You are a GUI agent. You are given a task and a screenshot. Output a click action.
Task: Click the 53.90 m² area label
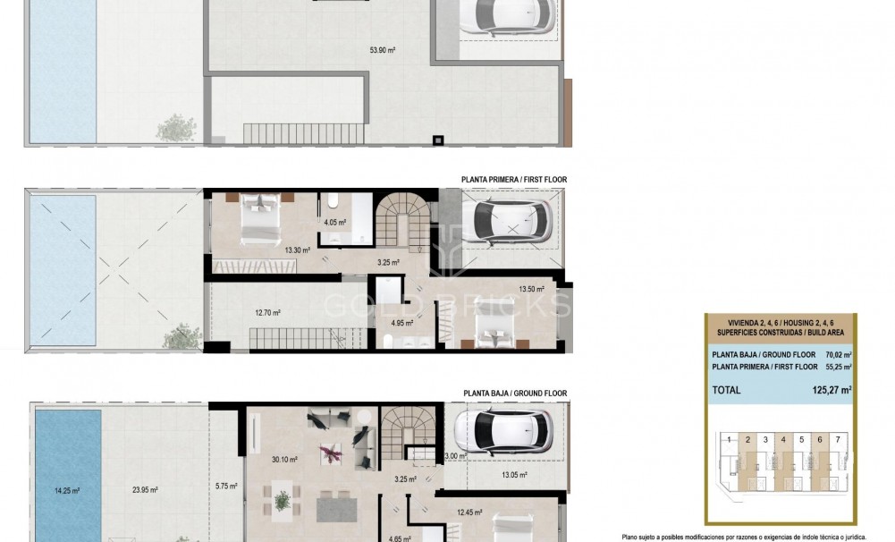(x=383, y=50)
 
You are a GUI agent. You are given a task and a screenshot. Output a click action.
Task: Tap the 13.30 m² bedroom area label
(x=298, y=250)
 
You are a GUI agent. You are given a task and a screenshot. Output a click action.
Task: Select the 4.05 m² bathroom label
(x=334, y=222)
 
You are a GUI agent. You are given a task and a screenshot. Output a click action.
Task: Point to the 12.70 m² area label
(x=267, y=313)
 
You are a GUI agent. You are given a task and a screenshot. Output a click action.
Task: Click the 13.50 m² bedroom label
(x=532, y=289)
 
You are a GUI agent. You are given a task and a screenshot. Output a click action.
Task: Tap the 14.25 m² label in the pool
(x=67, y=490)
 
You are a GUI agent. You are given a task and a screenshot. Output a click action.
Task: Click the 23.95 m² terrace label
(x=145, y=490)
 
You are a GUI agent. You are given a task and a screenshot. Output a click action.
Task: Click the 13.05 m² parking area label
(x=513, y=475)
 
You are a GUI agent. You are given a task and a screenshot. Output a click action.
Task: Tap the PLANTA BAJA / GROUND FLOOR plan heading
(x=514, y=394)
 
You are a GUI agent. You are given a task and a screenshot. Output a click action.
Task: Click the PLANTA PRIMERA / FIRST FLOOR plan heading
(x=513, y=180)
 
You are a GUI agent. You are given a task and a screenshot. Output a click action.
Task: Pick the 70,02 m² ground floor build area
(x=836, y=354)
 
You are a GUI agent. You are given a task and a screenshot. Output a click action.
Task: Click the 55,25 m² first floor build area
(x=836, y=367)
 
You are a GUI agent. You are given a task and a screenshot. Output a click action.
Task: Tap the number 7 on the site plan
(x=837, y=440)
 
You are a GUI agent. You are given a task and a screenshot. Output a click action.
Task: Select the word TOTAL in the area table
(x=727, y=391)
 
